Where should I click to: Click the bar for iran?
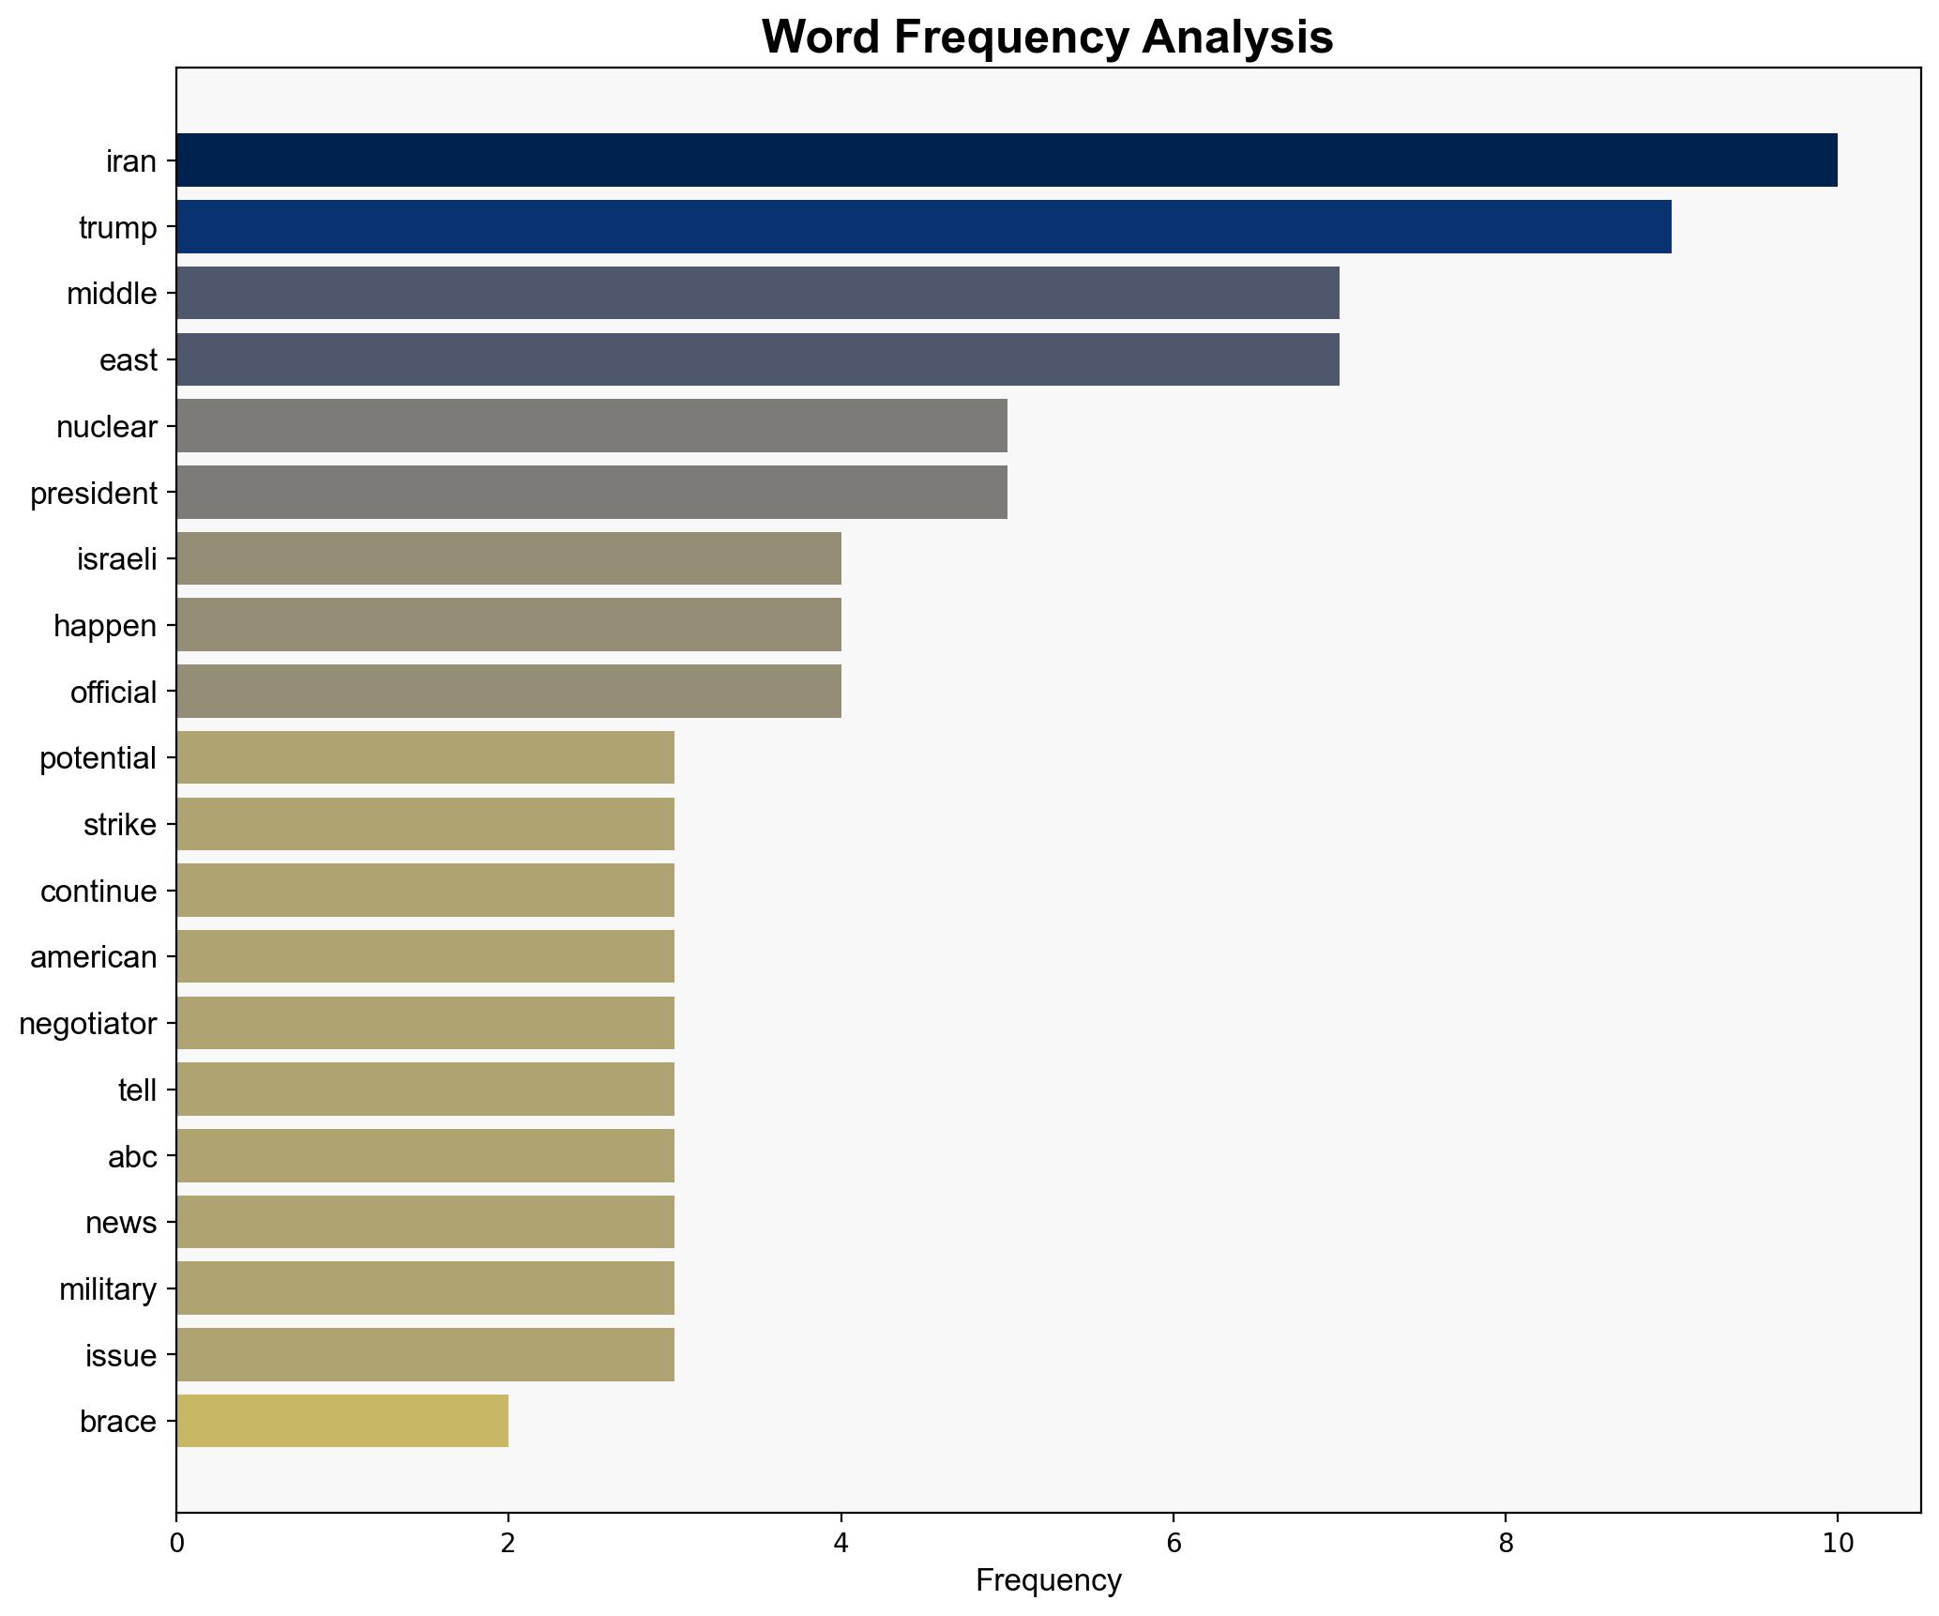point(1006,160)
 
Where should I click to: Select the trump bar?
point(923,227)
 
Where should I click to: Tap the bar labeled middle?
point(757,294)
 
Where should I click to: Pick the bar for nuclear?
point(591,426)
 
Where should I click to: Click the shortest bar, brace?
point(342,1422)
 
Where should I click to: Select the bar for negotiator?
point(425,1023)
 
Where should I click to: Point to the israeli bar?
point(508,559)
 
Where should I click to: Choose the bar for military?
point(425,1288)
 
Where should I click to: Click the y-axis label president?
point(94,494)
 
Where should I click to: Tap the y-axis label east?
point(129,360)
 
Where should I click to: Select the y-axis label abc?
point(132,1157)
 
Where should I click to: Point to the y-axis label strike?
point(120,825)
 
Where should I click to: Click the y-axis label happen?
point(105,626)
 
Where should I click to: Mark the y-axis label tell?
point(137,1090)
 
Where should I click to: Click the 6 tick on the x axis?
point(1173,1544)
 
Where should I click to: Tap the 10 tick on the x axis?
point(1837,1544)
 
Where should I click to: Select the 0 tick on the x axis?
point(176,1544)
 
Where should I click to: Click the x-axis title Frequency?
point(1048,1581)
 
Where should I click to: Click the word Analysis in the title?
point(1237,38)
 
